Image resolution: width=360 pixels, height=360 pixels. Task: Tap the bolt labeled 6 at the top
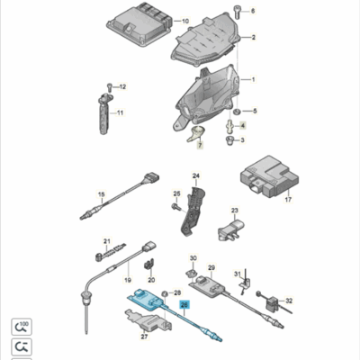(x=253, y=11)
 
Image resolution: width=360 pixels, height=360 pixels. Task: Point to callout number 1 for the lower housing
(x=253, y=80)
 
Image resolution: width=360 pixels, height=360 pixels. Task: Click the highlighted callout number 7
(x=200, y=144)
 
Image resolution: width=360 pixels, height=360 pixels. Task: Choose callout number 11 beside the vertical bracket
(x=120, y=112)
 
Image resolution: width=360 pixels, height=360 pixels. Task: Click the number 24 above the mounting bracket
(x=194, y=176)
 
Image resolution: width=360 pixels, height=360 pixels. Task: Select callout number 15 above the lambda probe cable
(x=102, y=195)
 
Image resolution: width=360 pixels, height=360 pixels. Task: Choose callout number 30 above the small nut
(x=193, y=259)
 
